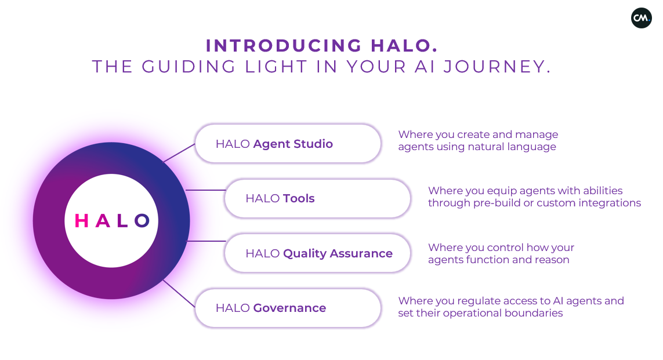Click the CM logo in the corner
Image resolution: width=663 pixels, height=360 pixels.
642,18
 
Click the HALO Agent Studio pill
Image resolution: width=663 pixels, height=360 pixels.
288,144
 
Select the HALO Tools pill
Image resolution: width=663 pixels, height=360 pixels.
317,199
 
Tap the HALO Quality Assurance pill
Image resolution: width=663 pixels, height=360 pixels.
317,253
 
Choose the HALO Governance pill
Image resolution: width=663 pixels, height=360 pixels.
288,308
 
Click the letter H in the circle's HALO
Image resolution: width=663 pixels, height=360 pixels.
82,220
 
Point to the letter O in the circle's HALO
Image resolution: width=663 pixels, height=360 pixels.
142,220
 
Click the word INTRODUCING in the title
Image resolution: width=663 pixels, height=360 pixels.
283,46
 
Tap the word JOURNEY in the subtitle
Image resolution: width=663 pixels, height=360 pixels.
497,67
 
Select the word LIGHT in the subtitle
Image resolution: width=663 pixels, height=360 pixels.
276,67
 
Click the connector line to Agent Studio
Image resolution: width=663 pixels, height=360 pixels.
179,153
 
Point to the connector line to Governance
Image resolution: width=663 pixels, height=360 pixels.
179,293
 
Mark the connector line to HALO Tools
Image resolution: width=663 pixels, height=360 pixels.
205,190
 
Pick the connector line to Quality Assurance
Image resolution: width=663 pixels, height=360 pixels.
206,241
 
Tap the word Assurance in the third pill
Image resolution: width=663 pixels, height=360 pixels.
361,253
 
